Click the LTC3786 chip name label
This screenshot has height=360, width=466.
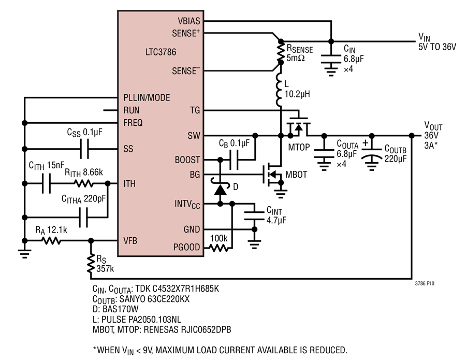tap(161, 52)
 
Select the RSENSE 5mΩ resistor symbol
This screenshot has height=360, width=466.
tap(281, 52)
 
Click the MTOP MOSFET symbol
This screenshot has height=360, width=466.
tap(298, 125)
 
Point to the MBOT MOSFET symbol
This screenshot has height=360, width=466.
tap(272, 175)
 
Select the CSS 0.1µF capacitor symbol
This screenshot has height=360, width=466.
tap(84, 149)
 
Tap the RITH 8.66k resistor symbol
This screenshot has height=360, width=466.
tap(84, 184)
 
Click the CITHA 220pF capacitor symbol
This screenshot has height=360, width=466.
tap(83, 218)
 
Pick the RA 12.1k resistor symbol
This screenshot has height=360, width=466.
tap(52, 240)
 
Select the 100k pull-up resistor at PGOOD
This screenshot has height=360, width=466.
tap(219, 247)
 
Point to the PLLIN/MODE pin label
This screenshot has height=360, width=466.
tap(147, 97)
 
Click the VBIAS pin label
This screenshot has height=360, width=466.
tap(189, 21)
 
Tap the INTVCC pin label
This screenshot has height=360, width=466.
tap(187, 204)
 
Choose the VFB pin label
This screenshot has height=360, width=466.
tap(130, 240)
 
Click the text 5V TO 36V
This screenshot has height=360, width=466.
tap(437, 47)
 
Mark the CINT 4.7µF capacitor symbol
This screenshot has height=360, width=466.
tap(254, 216)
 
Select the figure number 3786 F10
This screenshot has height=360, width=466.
tap(425, 283)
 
